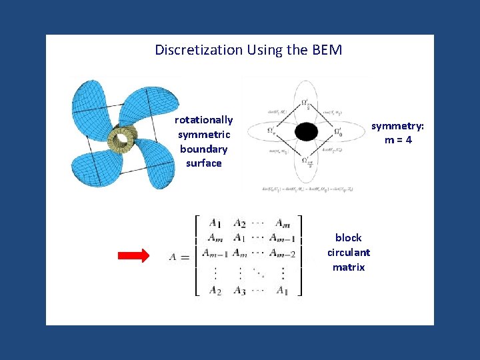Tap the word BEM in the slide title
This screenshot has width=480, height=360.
(x=326, y=50)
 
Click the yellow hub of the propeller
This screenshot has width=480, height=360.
(x=123, y=137)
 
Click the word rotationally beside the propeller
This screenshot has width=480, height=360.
(x=203, y=120)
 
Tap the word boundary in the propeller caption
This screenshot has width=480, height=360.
(x=203, y=149)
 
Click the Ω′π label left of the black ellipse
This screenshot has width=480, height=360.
(x=271, y=131)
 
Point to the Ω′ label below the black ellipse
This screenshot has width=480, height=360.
(x=305, y=162)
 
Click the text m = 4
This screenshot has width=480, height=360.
(x=397, y=141)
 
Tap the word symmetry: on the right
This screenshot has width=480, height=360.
(x=397, y=126)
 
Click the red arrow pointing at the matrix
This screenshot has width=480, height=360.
(x=134, y=256)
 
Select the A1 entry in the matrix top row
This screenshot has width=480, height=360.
(x=215, y=223)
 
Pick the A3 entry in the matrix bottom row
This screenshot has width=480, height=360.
(x=241, y=290)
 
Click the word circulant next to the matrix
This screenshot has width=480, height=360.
(x=349, y=252)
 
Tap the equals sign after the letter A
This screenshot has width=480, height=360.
(x=185, y=257)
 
